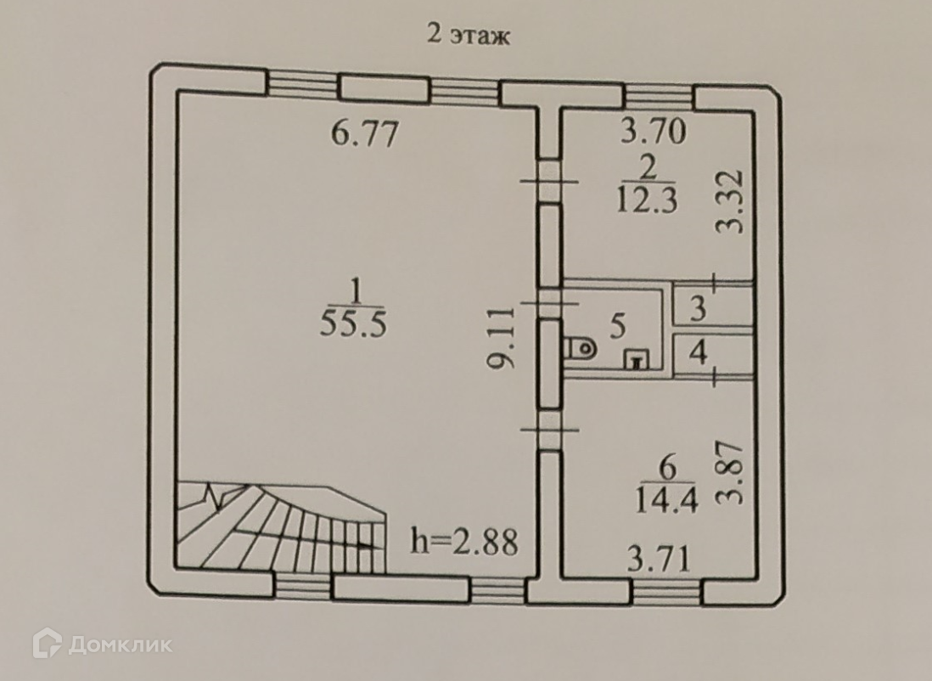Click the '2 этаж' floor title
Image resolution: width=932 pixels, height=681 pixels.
pyautogui.click(x=467, y=37)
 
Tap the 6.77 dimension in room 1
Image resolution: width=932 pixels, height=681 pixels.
pyautogui.click(x=364, y=133)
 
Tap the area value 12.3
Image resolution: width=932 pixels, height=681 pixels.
pyautogui.click(x=648, y=204)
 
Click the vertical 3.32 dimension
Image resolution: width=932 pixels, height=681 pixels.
pyautogui.click(x=730, y=201)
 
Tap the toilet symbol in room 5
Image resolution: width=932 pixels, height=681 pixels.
pyautogui.click(x=579, y=347)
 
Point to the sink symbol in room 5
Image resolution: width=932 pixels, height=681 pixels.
pyautogui.click(x=637, y=360)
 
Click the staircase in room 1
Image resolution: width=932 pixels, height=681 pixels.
pyautogui.click(x=280, y=526)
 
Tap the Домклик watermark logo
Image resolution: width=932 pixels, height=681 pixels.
pyautogui.click(x=102, y=644)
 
